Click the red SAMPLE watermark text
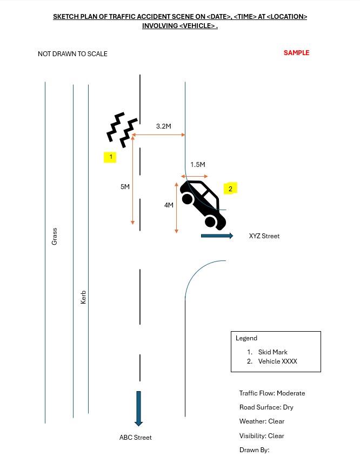[x=296, y=53]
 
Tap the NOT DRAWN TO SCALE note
[x=72, y=54]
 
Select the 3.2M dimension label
[x=163, y=126]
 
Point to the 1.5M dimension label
[x=198, y=165]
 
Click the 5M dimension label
[x=125, y=187]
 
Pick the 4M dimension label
[x=169, y=205]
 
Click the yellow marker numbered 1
[x=110, y=157]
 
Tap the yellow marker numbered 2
[x=230, y=189]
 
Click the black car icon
[x=203, y=205]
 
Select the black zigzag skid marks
[x=122, y=130]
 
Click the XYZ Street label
[x=264, y=236]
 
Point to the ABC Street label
[x=136, y=438]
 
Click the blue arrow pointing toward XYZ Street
[x=217, y=236]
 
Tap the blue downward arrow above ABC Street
[x=138, y=408]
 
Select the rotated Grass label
[x=54, y=237]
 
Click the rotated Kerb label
[x=83, y=297]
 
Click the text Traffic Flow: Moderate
[x=272, y=393]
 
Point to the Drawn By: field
[x=255, y=450]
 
